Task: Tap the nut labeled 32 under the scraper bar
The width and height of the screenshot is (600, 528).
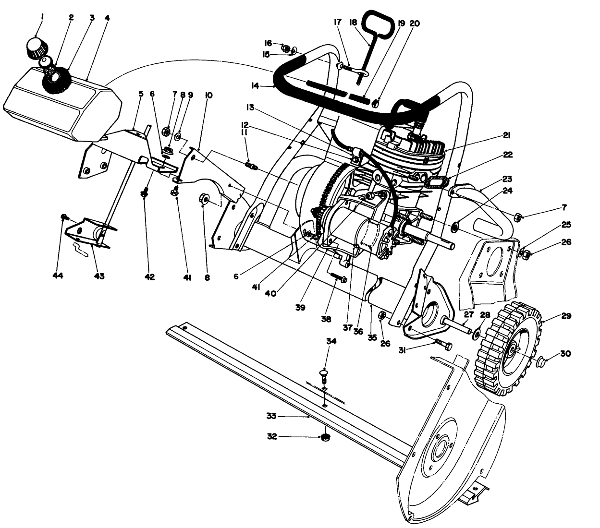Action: (325, 437)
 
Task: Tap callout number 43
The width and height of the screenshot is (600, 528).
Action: (99, 276)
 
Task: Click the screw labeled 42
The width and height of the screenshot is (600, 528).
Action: (144, 193)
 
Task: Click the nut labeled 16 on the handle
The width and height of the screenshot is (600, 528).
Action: (285, 48)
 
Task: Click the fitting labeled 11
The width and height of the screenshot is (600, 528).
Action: (251, 166)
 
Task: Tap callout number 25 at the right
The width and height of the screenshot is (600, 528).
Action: (565, 225)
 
